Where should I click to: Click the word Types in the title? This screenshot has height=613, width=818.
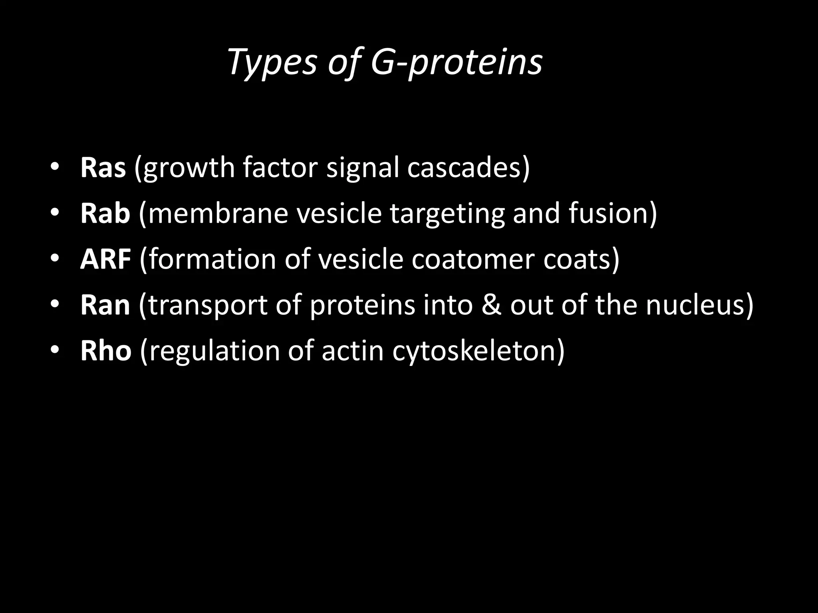(x=272, y=63)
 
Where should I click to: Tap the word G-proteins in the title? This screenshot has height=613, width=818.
(x=457, y=63)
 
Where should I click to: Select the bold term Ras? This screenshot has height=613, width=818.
(x=103, y=168)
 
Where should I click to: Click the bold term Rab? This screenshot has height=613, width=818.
(x=105, y=214)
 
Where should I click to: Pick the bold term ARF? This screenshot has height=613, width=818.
(x=105, y=259)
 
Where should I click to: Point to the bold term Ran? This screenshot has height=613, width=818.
(x=105, y=305)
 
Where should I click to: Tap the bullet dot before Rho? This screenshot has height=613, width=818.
(x=55, y=350)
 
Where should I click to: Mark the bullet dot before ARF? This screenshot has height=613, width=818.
(x=55, y=259)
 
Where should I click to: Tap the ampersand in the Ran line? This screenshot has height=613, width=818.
(x=491, y=305)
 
